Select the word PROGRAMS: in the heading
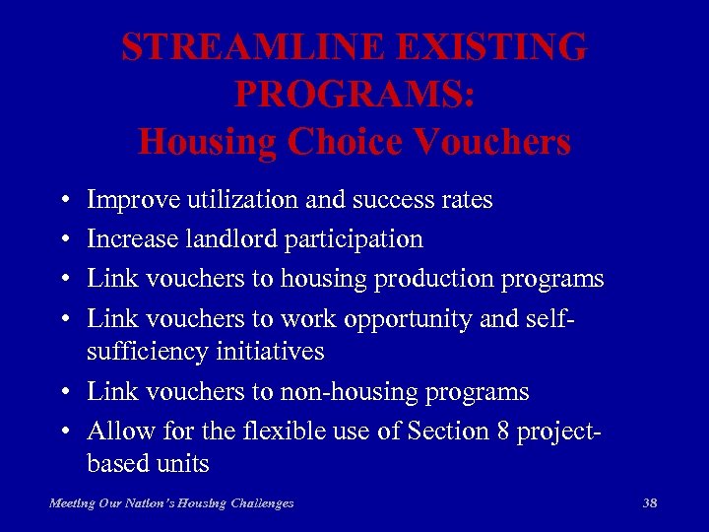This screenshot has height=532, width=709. click(x=354, y=95)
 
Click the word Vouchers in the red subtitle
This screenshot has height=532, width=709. click(x=492, y=142)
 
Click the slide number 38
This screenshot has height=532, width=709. click(x=649, y=503)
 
